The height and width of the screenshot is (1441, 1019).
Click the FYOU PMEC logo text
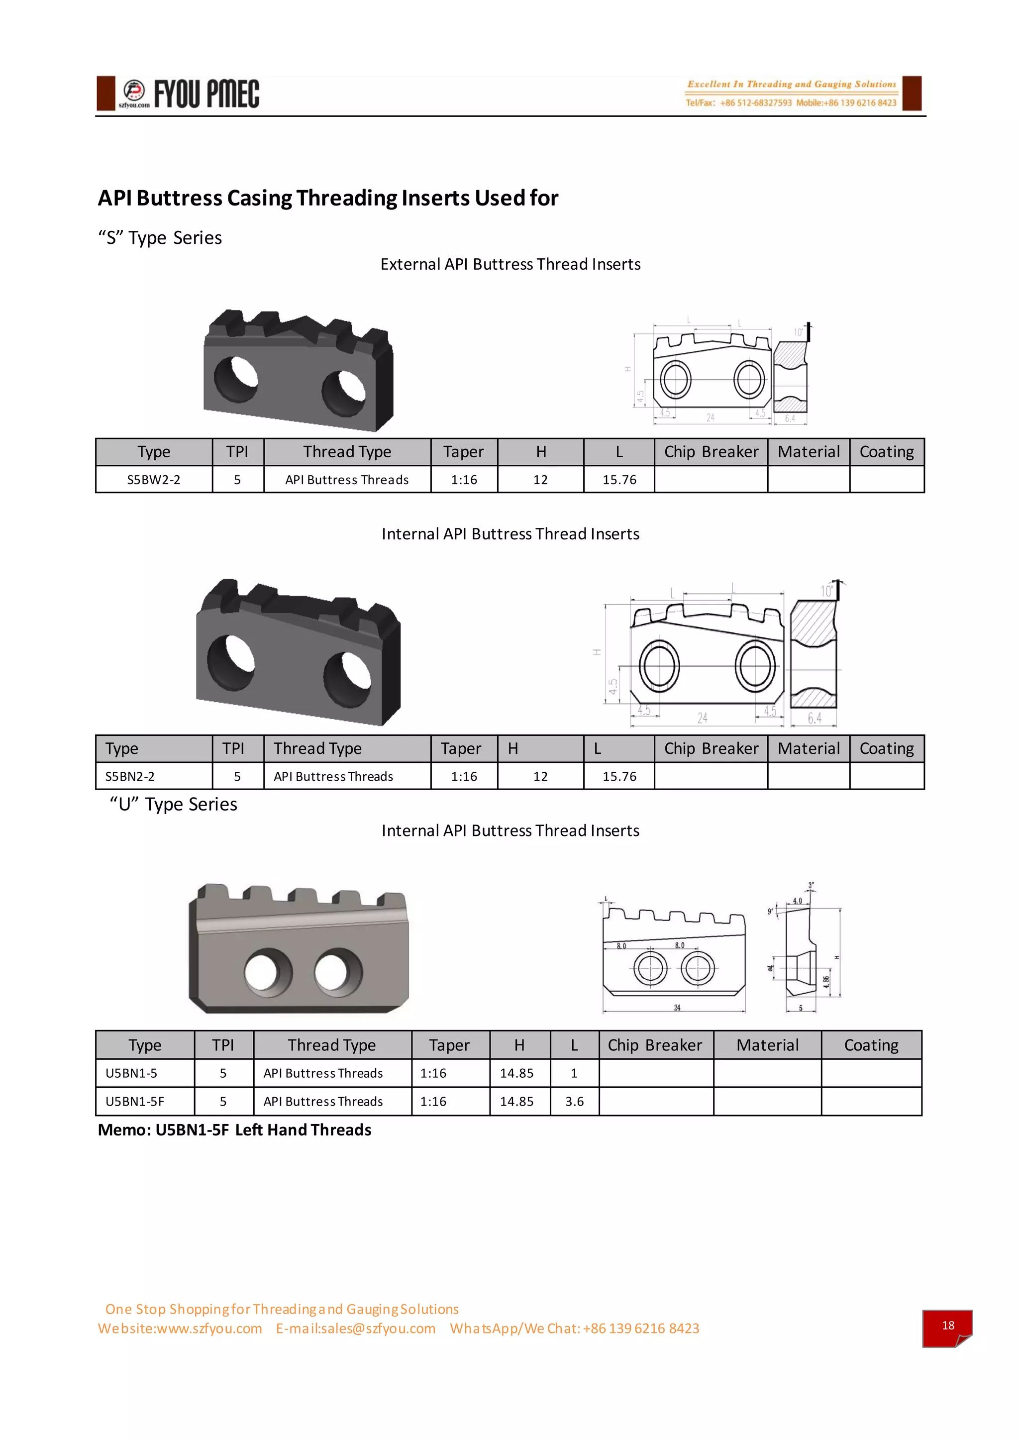pos(206,94)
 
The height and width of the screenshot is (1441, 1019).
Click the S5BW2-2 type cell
pos(154,480)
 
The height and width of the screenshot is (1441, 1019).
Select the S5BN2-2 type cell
pos(130,776)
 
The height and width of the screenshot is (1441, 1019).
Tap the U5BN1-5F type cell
pos(135,1102)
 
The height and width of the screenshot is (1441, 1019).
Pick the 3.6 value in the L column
pos(574,1102)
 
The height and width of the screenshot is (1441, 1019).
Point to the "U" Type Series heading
pos(173,805)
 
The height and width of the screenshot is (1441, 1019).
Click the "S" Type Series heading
pos(160,238)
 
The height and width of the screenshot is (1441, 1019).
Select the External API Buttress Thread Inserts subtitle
pos(510,264)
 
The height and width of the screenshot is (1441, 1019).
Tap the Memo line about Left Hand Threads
pos(235,1130)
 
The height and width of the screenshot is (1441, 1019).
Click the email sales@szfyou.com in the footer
pos(356,1329)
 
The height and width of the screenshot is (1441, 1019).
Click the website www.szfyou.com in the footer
pos(180,1329)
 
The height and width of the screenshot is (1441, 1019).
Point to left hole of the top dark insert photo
pos(236,379)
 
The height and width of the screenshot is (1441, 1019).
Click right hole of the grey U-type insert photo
pos(338,972)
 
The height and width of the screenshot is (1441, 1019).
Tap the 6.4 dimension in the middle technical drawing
pos(814,718)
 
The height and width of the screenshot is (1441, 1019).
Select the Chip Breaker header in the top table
pos(711,452)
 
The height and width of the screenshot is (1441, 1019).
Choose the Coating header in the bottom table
pos(871,1045)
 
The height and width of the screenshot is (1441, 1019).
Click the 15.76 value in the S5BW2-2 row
pos(619,480)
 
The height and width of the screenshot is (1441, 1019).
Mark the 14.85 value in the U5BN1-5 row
pos(516,1073)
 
